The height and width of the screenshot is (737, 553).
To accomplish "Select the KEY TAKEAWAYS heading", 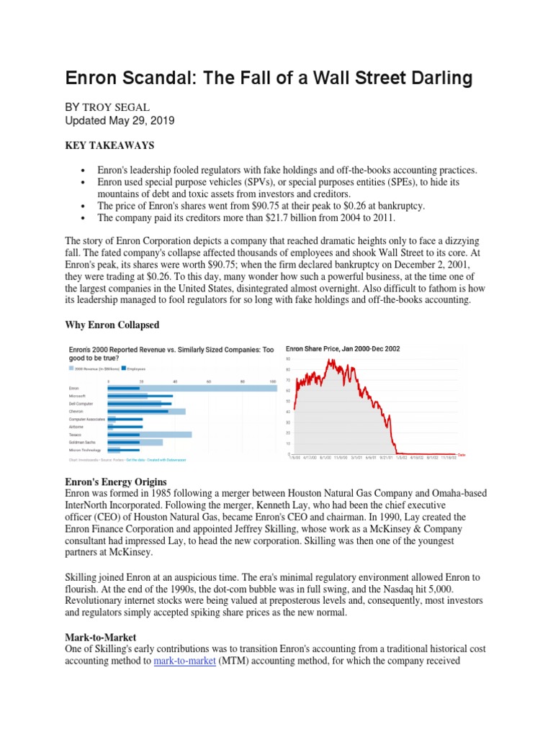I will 109,145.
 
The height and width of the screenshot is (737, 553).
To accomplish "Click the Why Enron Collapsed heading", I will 112,325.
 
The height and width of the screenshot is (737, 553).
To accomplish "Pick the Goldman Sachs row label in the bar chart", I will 81,442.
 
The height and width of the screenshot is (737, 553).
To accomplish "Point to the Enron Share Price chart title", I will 343,348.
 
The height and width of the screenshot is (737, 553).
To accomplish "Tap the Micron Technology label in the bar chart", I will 85,450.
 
